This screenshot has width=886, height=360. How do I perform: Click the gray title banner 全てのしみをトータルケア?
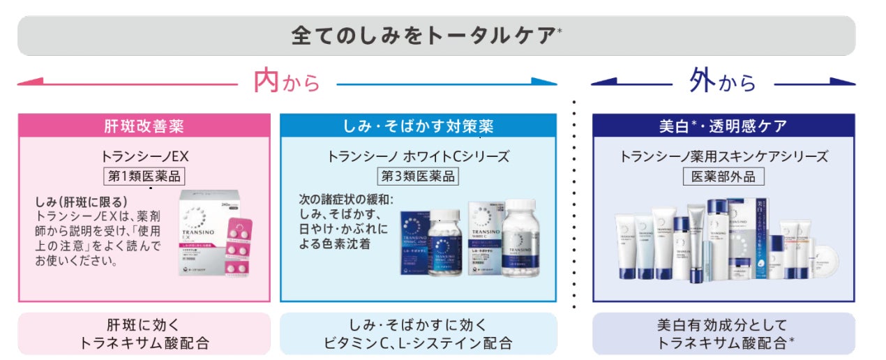[436, 36]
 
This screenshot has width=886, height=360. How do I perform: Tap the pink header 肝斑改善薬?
[144, 126]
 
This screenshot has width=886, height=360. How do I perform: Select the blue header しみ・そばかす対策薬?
[419, 126]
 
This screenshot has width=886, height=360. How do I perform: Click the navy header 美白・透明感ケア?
[723, 126]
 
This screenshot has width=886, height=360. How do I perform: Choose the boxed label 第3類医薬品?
[418, 176]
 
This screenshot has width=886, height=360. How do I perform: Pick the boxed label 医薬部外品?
[723, 176]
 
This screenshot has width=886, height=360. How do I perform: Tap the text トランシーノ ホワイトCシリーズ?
[418, 156]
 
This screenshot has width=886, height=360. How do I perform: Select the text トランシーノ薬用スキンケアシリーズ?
[723, 156]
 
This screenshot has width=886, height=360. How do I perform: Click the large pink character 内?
[266, 82]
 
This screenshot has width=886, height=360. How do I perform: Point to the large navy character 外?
[703, 82]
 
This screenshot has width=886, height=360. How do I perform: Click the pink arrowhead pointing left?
[25, 83]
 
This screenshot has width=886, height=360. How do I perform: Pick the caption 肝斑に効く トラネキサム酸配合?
[144, 333]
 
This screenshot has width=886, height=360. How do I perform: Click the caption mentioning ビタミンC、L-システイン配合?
[419, 333]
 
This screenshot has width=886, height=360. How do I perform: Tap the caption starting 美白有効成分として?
[723, 333]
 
